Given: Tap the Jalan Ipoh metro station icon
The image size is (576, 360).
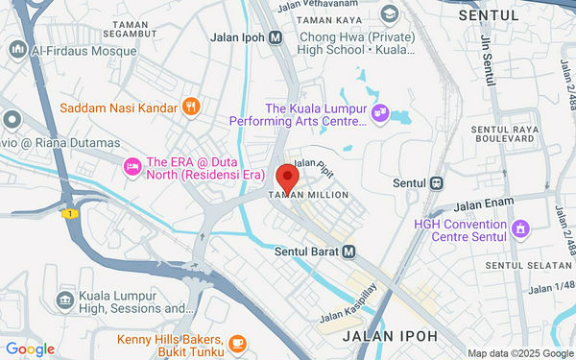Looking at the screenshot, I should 276,37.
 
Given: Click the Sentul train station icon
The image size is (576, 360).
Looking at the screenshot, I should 437,182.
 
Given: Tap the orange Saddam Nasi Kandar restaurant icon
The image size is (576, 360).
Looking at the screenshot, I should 191,107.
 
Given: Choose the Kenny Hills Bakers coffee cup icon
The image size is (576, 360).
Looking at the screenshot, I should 237,341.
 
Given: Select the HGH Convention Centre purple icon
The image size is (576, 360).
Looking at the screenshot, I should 521,228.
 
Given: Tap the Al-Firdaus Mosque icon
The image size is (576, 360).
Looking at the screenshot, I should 17,49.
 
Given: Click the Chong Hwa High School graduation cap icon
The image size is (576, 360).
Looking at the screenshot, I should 389,14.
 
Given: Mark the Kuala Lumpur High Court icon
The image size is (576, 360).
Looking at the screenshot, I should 65,300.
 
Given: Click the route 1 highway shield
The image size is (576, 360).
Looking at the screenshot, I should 69,213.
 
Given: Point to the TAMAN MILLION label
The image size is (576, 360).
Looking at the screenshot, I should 307,195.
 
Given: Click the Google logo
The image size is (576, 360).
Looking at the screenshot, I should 30,349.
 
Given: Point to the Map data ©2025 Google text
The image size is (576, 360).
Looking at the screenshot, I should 519,352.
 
